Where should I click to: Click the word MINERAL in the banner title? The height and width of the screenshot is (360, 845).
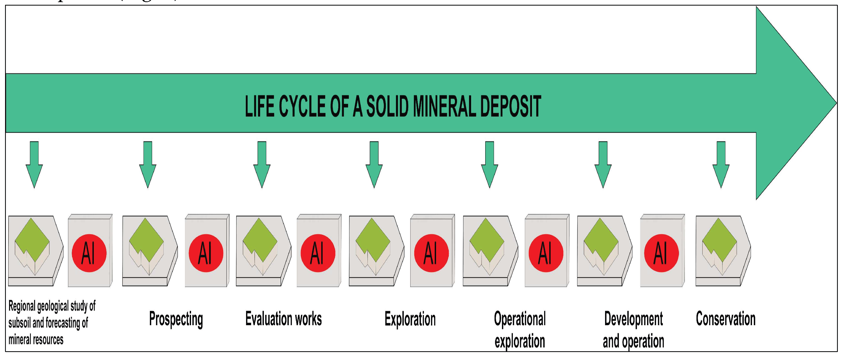445,106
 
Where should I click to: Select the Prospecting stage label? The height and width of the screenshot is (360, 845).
176,319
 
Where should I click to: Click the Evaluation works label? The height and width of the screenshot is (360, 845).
284,319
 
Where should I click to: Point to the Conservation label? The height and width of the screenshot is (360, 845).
726,319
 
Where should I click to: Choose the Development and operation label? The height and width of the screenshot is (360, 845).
633,330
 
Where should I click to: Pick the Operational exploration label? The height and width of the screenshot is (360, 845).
520,330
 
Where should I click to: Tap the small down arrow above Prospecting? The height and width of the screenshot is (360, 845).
148,164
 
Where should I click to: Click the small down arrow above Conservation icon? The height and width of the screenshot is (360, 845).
721,164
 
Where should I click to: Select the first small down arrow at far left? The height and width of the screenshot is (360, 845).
34,164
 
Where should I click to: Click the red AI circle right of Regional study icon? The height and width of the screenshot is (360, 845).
89,253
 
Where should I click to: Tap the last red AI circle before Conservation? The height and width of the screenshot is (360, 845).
661,253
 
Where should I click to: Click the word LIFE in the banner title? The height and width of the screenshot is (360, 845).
259,106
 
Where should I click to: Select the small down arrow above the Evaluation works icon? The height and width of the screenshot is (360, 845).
262,164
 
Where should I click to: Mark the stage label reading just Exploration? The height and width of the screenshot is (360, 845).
410,319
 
